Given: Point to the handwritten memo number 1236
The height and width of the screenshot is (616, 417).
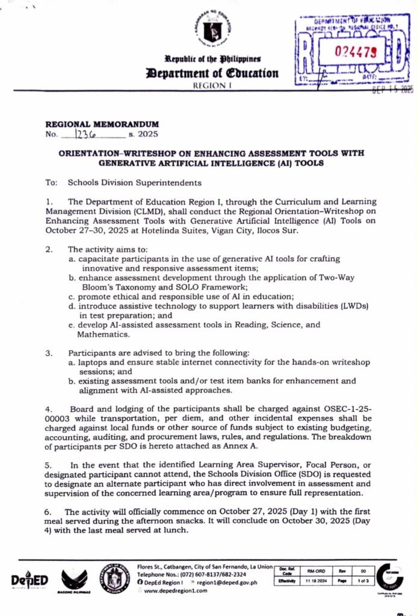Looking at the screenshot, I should pos(87,134).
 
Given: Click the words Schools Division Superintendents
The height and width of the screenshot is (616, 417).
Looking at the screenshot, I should pos(134,182).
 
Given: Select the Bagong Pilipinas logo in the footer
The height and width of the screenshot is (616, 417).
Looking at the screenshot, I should pos(75,581).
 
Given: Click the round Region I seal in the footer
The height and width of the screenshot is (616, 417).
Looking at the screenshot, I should pos(114,579).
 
